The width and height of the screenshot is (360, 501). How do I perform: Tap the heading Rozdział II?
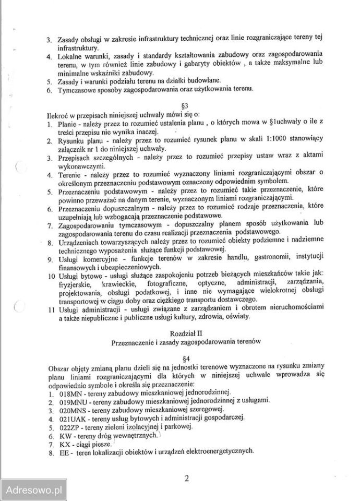tap(183, 332)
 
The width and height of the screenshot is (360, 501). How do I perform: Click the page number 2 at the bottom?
tap(186, 478)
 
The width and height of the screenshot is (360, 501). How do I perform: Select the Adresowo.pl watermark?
tap(33, 490)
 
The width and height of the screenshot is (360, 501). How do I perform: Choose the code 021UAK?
tap(73, 419)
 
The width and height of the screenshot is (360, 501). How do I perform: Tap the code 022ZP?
tap(70, 427)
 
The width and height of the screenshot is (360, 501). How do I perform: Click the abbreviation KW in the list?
tap(65, 435)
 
